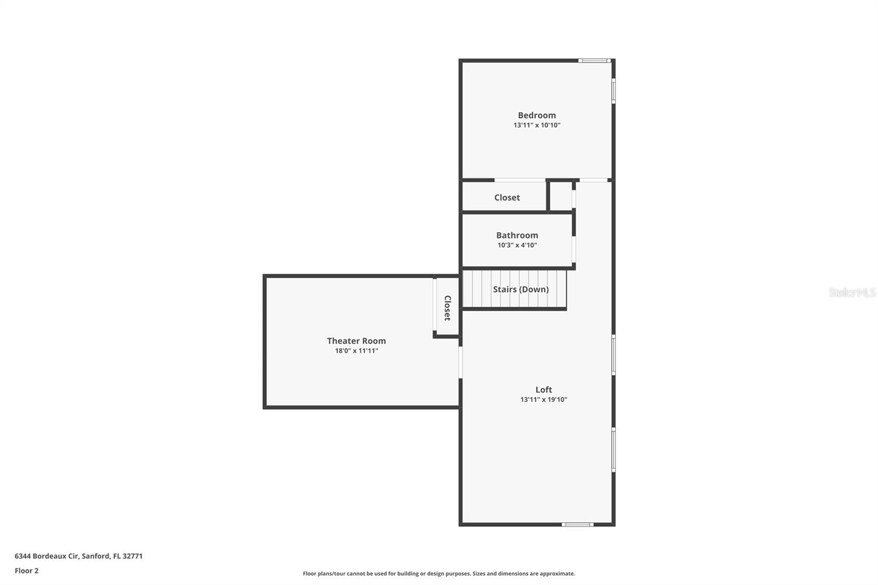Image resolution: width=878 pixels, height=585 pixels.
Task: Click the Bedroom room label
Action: point(537,115)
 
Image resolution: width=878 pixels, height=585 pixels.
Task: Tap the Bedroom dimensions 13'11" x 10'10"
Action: point(537,125)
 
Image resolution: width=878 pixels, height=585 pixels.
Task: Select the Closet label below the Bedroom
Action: point(506,198)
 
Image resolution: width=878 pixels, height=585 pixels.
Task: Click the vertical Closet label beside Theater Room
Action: point(447,308)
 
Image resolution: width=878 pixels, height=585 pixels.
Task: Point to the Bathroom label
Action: point(517,235)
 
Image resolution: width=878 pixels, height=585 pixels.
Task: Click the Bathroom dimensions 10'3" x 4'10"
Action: point(517,245)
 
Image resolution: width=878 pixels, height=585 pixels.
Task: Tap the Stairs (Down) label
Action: point(520,289)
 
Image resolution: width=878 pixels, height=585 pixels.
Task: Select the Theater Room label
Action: point(356,341)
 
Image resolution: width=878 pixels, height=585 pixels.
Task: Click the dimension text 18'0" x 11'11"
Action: point(356,351)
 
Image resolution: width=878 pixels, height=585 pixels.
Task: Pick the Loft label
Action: point(543,390)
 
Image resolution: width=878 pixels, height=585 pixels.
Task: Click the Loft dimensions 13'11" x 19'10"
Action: point(543,400)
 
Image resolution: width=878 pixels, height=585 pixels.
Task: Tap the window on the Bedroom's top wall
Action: point(594,60)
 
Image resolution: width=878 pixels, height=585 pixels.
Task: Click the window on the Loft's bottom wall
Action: point(577,525)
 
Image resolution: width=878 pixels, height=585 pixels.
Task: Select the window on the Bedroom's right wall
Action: point(614,91)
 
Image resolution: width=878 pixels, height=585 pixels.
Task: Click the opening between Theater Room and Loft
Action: point(460,362)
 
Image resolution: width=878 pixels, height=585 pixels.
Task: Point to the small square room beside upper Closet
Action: point(561,196)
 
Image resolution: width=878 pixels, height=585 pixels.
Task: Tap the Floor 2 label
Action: point(26,571)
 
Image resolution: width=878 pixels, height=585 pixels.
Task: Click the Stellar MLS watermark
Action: point(852,292)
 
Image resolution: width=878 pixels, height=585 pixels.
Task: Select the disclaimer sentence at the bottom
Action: point(439,573)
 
